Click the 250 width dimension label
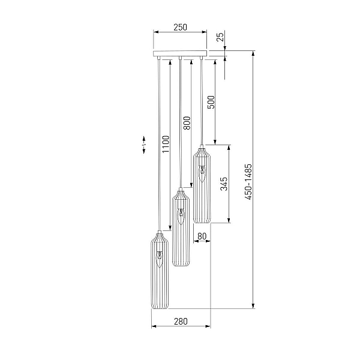click(x=180, y=28)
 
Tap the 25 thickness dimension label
click(x=220, y=37)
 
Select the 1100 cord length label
click(x=166, y=144)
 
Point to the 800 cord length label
click(x=187, y=123)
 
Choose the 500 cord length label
click(x=211, y=102)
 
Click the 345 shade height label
click(x=224, y=184)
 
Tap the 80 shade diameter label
click(x=202, y=236)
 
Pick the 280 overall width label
click(x=181, y=322)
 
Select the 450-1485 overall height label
click(x=248, y=182)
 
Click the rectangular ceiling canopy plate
click(x=180, y=53)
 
